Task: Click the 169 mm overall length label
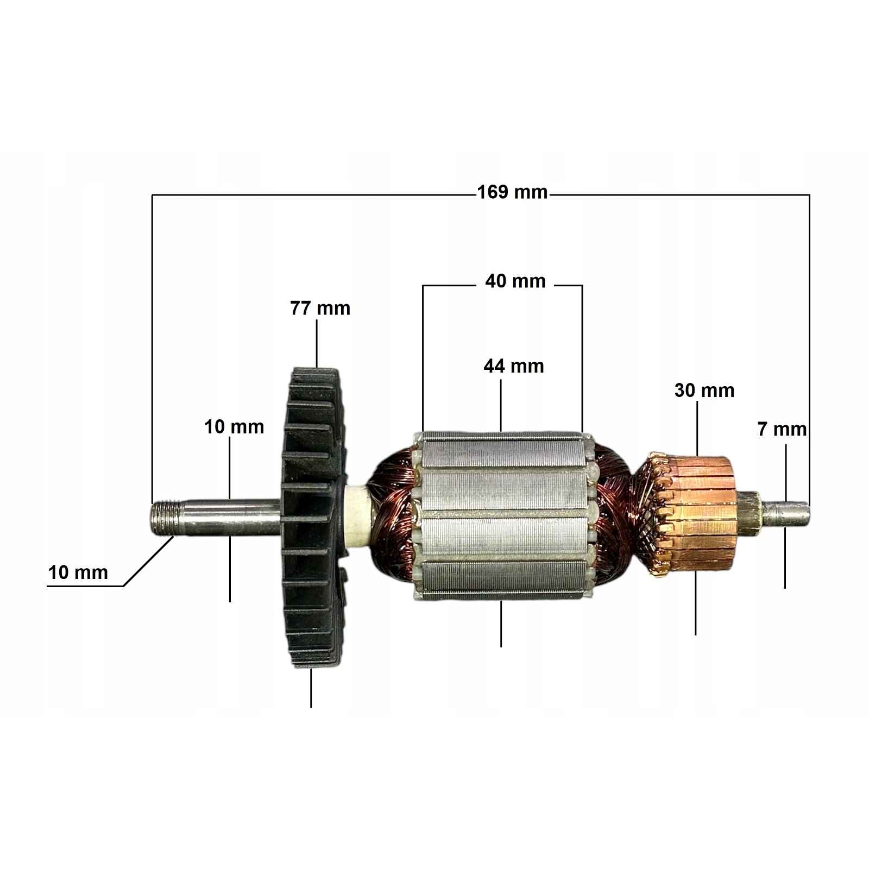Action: click(512, 192)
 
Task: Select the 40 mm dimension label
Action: click(515, 281)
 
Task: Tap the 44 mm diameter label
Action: click(514, 366)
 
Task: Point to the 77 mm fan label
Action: click(320, 308)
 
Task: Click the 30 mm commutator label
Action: click(704, 390)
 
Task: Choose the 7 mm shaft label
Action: click(782, 429)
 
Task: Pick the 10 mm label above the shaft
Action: click(234, 426)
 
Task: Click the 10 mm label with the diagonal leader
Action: click(78, 572)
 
